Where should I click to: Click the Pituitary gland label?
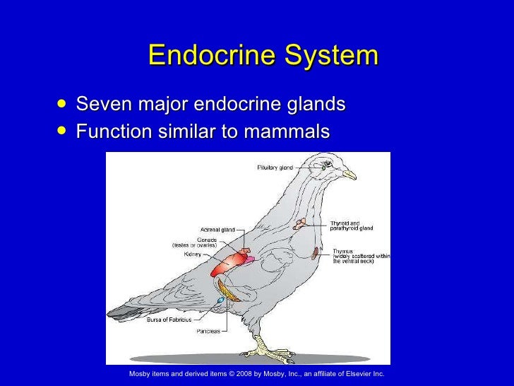[x=273, y=168]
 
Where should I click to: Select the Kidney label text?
[x=192, y=254]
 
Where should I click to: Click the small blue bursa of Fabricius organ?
[x=221, y=300]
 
